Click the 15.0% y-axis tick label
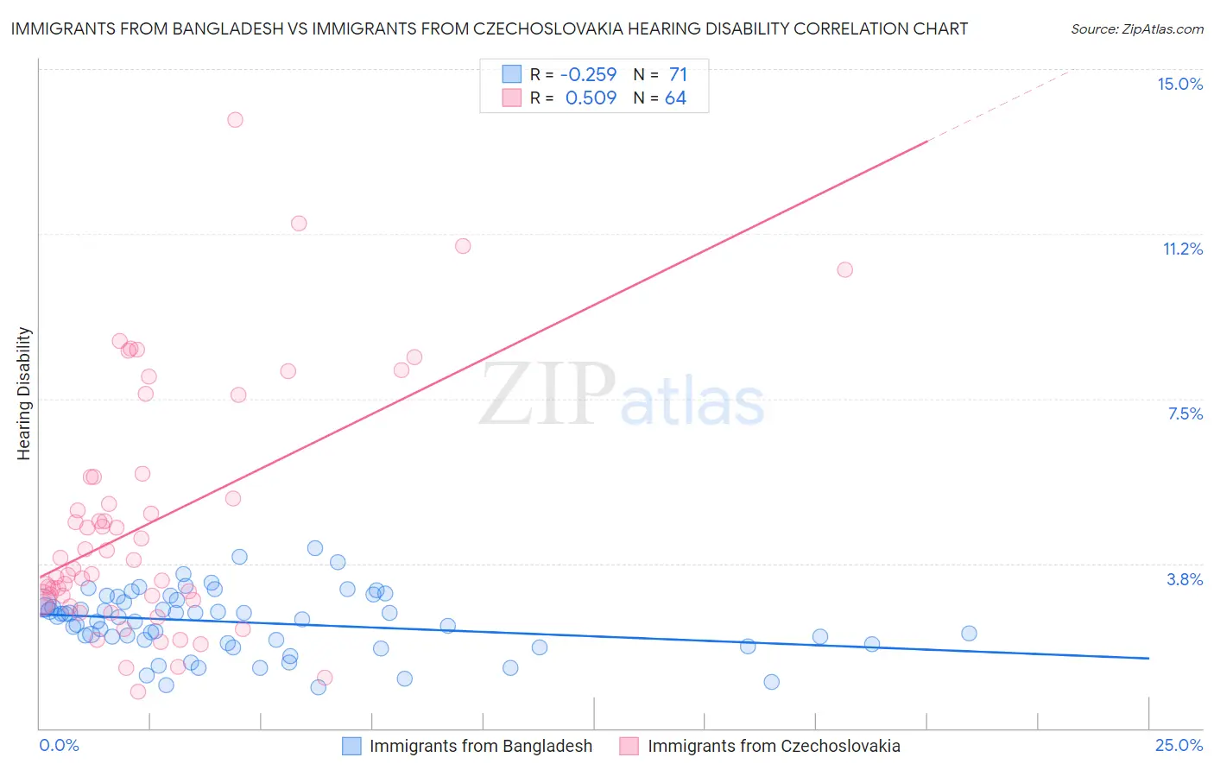coord(1179,84)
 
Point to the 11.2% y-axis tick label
coord(1182,249)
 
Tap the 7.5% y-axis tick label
coord(1185,413)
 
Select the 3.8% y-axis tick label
coord(1185,579)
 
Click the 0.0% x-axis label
coord(59,745)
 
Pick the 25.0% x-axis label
coord(1179,745)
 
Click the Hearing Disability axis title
coord(24,394)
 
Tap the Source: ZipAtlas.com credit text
coord(1136,28)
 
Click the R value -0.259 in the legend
coord(588,75)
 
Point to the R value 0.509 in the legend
coord(591,98)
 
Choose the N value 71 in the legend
coord(678,75)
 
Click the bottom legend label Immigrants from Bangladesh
coord(481,746)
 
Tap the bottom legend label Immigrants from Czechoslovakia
coord(774,746)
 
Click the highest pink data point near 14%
coord(235,120)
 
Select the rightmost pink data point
coord(844,270)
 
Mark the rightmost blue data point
coord(969,634)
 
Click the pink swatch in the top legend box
coord(512,98)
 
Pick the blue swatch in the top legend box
coord(512,75)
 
